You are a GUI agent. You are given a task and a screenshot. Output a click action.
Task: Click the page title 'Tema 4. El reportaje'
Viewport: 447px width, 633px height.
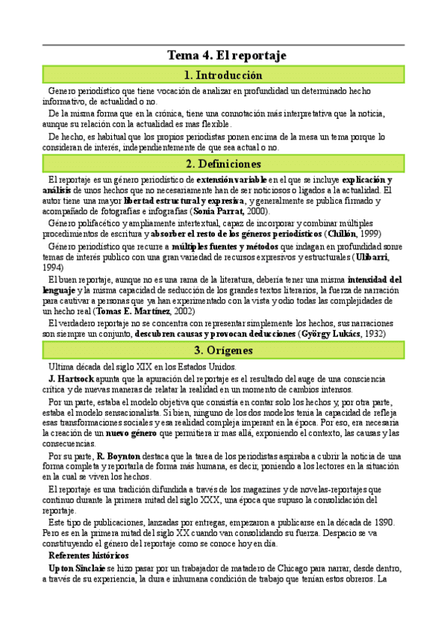tap(223, 56)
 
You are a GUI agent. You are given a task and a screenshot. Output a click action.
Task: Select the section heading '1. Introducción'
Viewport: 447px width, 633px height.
tap(223, 75)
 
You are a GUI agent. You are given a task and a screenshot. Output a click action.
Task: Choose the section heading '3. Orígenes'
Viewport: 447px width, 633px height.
tap(223, 350)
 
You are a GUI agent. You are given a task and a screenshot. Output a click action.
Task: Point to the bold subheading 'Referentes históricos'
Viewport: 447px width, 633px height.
tap(88, 535)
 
